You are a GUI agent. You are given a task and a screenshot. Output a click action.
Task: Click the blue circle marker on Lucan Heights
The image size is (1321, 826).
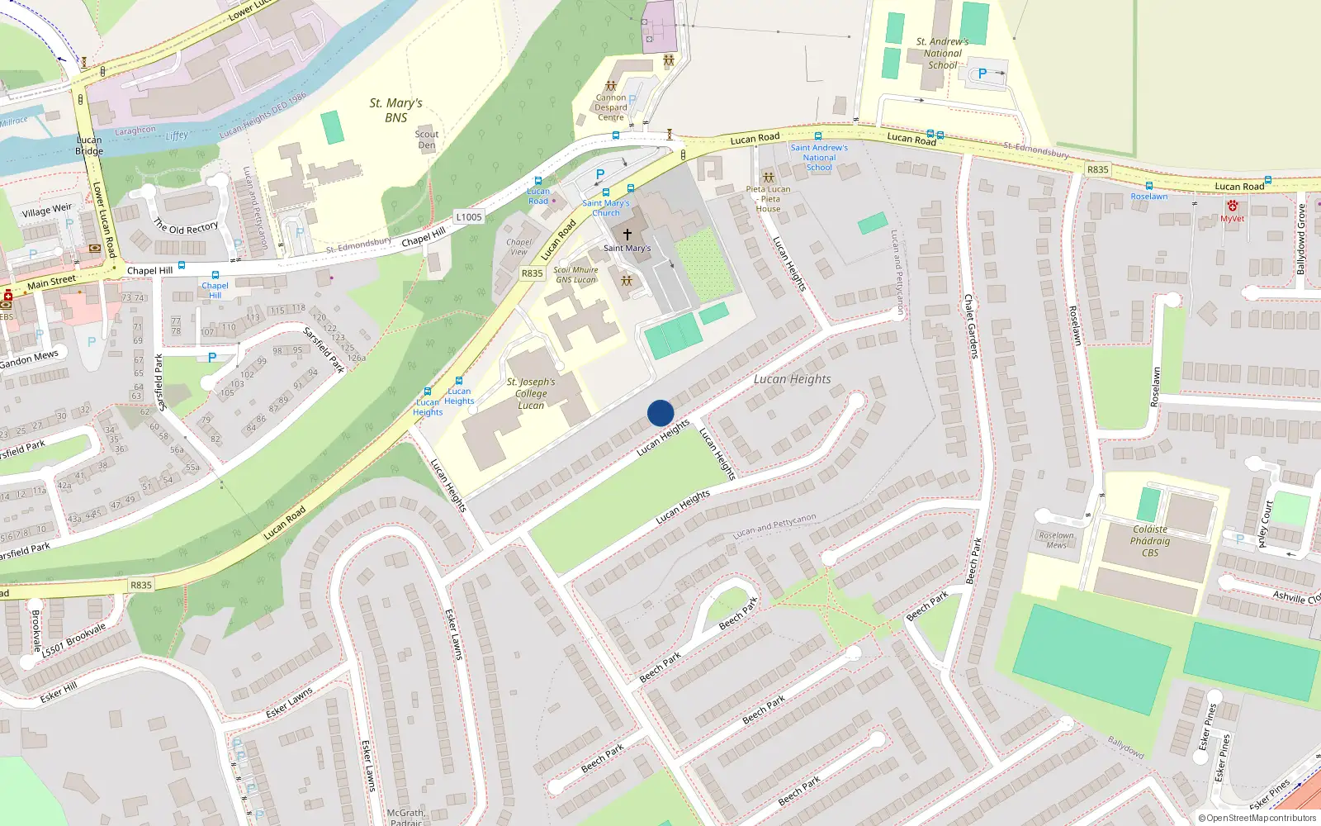click(x=660, y=413)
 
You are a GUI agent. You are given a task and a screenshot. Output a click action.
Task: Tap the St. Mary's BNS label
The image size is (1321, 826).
click(x=395, y=110)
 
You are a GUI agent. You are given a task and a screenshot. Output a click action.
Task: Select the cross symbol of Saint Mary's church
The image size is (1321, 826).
click(x=627, y=235)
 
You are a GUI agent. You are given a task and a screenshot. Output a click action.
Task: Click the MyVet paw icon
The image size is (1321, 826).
click(x=1232, y=206)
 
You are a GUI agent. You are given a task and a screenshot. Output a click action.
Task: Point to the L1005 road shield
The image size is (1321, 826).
click(x=468, y=217)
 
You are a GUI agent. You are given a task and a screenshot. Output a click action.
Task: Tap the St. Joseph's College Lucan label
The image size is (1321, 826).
click(x=531, y=393)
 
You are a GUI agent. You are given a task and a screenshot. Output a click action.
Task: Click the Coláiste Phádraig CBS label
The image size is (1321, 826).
click(x=1150, y=541)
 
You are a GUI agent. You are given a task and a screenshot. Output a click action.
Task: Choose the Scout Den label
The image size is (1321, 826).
click(x=427, y=140)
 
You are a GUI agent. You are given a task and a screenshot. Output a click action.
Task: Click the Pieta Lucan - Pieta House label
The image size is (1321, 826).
click(x=768, y=199)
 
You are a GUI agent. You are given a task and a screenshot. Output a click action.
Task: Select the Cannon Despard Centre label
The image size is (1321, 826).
click(x=611, y=107)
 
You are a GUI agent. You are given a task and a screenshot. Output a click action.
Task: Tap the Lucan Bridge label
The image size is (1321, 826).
click(x=89, y=145)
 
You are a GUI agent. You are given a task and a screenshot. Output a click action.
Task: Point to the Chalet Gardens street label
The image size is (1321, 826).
click(x=971, y=326)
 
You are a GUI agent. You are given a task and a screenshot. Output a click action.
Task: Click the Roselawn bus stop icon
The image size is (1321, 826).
click(x=1148, y=186)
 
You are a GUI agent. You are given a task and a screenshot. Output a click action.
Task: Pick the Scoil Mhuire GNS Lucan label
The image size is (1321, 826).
click(x=575, y=275)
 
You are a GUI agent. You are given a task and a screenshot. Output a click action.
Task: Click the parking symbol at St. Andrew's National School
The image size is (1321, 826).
click(x=982, y=74)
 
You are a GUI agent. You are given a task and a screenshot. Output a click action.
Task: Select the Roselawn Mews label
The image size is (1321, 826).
click(x=1057, y=540)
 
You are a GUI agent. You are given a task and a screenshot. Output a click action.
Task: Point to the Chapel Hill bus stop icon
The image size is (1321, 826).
click(x=215, y=275)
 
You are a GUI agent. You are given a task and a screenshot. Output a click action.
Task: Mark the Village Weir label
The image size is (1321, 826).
click(x=47, y=211)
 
